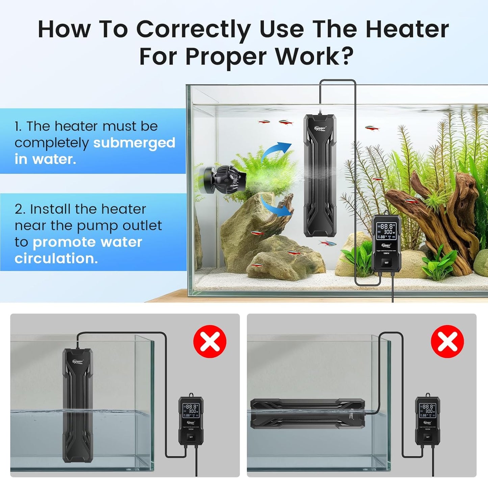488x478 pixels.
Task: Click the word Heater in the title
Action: (x=407, y=29)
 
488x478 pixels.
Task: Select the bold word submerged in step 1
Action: (x=134, y=143)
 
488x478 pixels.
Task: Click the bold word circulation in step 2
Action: (x=56, y=258)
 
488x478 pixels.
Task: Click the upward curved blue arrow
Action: (x=277, y=150)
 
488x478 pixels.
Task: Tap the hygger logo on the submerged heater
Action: (x=320, y=128)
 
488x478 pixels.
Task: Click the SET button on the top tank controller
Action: (x=386, y=262)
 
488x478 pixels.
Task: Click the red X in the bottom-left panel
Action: (x=210, y=341)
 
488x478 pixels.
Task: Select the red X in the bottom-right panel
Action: (x=447, y=341)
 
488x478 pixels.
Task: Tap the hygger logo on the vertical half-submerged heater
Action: (x=78, y=361)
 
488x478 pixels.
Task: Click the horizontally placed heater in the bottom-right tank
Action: (x=307, y=414)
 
